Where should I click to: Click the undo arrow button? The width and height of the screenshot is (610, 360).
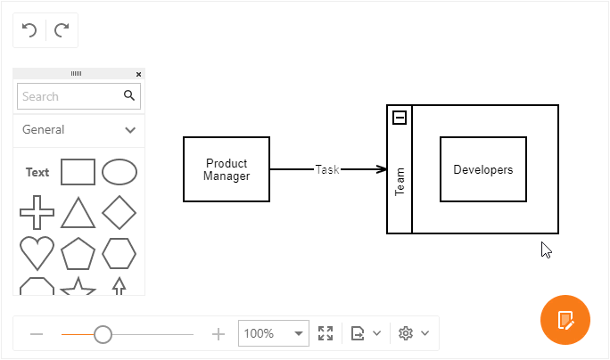tap(29, 30)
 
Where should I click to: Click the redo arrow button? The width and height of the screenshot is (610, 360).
tap(62, 30)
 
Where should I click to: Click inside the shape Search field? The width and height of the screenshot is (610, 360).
tap(68, 96)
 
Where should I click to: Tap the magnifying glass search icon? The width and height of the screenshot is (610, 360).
tap(129, 95)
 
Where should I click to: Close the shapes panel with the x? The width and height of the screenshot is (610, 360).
tap(138, 74)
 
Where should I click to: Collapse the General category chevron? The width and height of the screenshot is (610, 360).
tap(130, 130)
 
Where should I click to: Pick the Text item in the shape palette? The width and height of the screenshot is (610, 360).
tap(37, 172)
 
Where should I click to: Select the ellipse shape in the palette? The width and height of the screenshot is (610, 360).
tap(120, 171)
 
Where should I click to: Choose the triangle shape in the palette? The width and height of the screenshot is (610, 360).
tap(78, 213)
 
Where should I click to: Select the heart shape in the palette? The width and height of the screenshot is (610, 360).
tap(37, 254)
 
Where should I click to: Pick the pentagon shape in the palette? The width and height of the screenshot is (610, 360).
tap(78, 254)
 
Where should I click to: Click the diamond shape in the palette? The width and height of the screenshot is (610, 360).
tap(120, 213)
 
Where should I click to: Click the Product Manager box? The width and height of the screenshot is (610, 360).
tap(227, 169)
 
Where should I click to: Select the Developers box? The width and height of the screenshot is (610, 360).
tap(482, 169)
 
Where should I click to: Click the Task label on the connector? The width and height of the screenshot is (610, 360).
tap(327, 169)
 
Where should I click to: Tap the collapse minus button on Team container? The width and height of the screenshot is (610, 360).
tap(400, 118)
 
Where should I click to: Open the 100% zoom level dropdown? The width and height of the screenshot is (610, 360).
tap(298, 333)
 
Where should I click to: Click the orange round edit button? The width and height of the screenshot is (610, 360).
tap(565, 319)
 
